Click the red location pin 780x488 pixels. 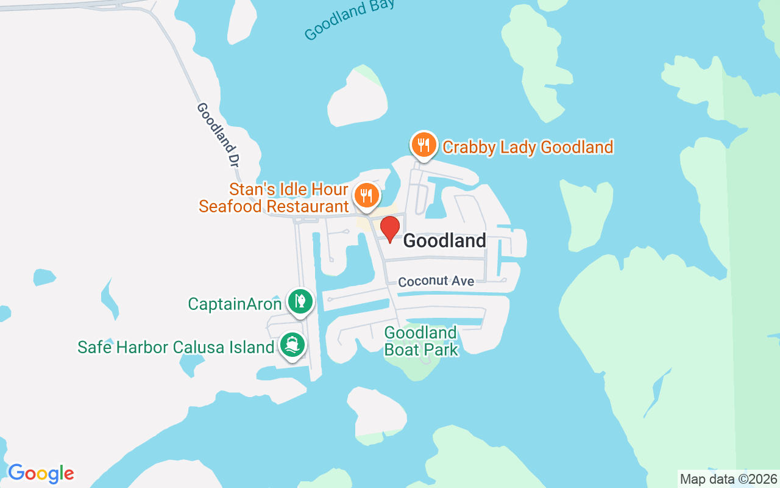(x=390, y=229)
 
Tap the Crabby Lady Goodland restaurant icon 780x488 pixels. (x=424, y=145)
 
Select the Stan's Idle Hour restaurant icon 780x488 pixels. (x=366, y=195)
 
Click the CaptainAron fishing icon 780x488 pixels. (x=300, y=301)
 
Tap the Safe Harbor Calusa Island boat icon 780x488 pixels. (x=292, y=345)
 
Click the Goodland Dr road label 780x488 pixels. (x=218, y=135)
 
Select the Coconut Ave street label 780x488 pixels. (x=436, y=281)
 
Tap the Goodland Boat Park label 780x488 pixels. (x=420, y=341)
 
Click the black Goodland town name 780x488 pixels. (x=445, y=241)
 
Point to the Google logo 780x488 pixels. (x=41, y=473)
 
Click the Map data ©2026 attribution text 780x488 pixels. (x=728, y=479)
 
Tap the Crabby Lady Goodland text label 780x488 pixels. (x=528, y=147)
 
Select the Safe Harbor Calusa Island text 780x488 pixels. (x=175, y=347)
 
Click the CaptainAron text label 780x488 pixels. (x=235, y=303)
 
